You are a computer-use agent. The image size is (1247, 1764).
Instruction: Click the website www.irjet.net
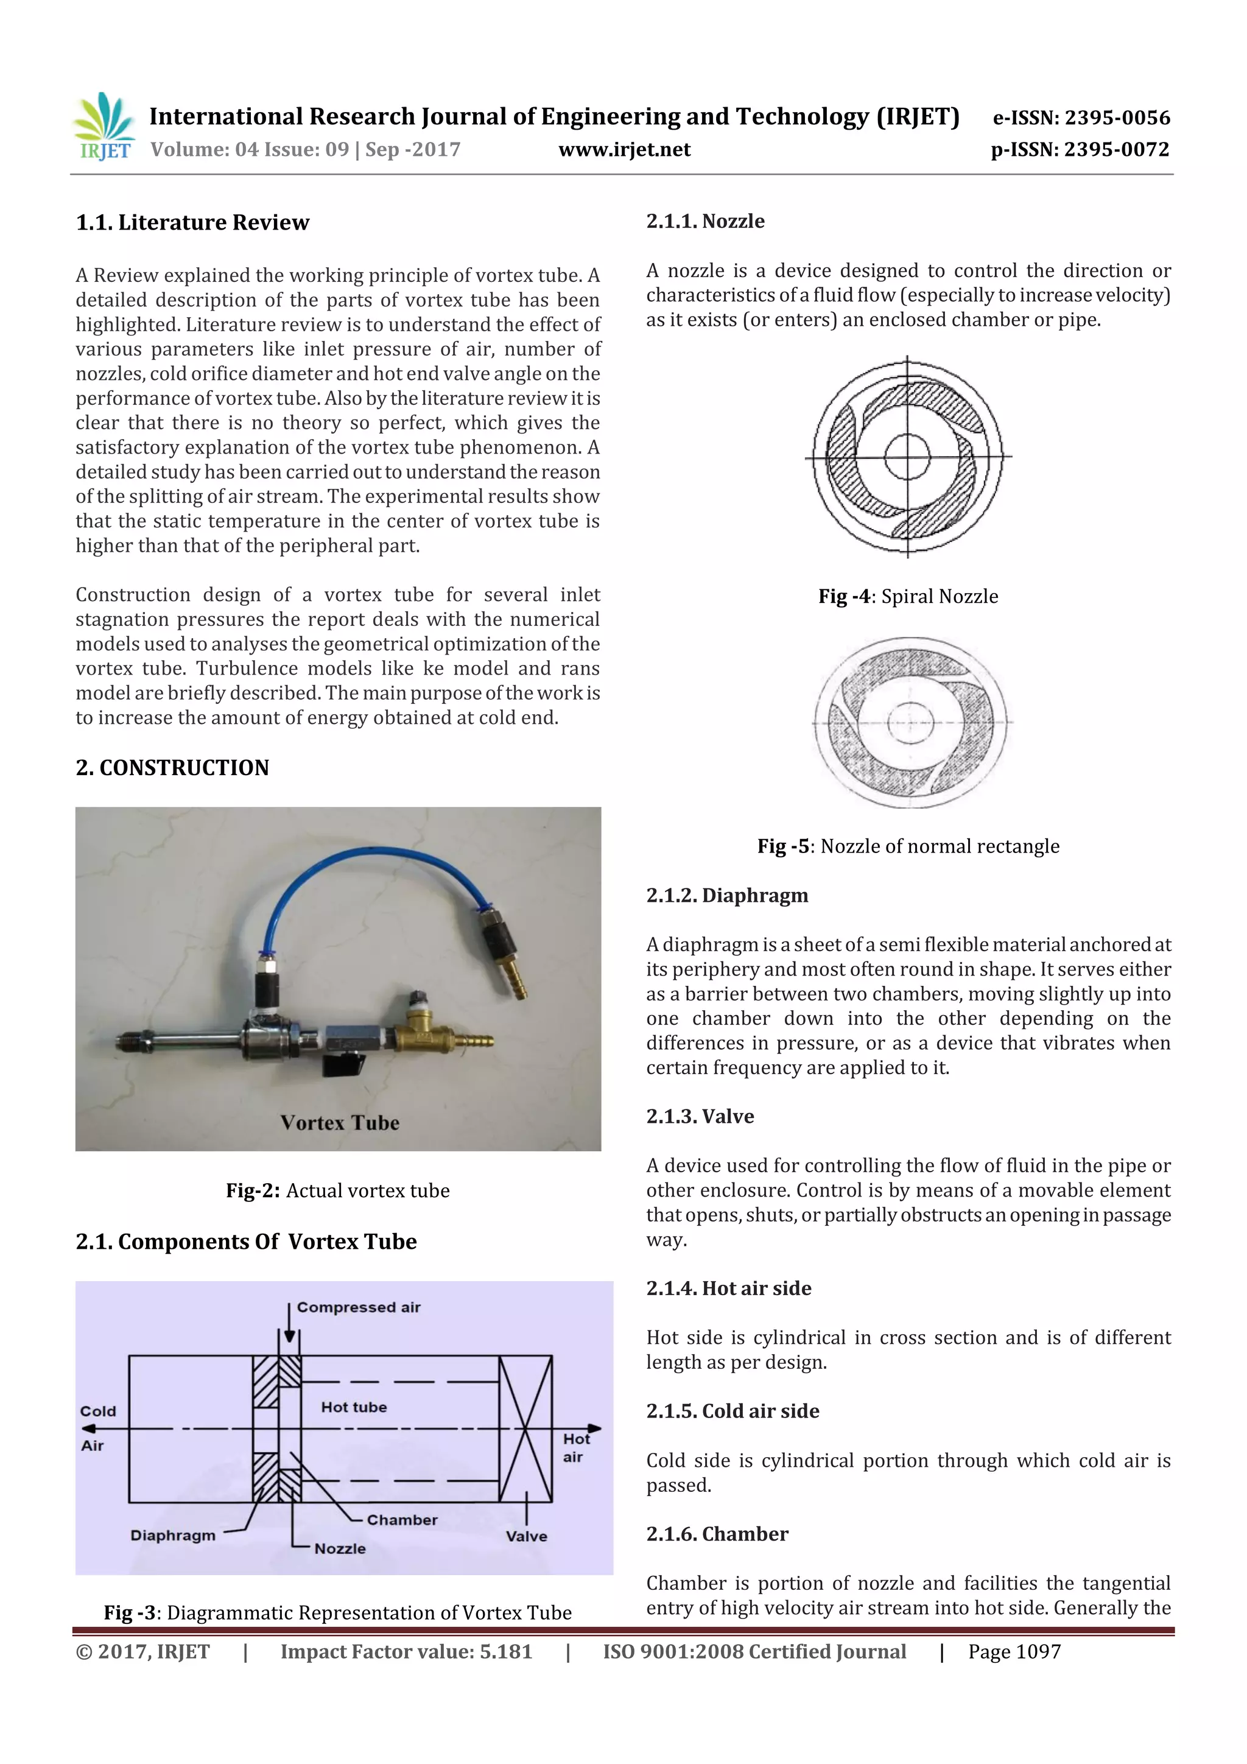click(x=624, y=150)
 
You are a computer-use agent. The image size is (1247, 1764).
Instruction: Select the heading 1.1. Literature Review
click(x=192, y=223)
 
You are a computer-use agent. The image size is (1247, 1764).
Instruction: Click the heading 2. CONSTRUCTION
click(x=172, y=767)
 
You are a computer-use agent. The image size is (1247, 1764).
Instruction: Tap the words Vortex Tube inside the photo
click(x=340, y=1122)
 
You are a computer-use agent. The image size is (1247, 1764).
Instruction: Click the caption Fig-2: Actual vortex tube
click(x=337, y=1190)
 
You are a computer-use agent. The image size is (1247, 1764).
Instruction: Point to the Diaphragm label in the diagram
click(x=173, y=1535)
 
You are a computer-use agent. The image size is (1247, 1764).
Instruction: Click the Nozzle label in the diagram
click(x=340, y=1548)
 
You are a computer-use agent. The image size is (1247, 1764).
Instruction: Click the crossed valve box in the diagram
click(x=525, y=1428)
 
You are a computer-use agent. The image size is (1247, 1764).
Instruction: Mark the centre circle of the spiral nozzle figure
click(x=907, y=456)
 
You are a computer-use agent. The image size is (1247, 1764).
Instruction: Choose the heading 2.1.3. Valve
click(x=700, y=1116)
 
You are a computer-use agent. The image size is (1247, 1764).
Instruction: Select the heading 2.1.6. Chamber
click(x=717, y=1534)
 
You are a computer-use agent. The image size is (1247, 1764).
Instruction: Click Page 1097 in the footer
click(x=1014, y=1652)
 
